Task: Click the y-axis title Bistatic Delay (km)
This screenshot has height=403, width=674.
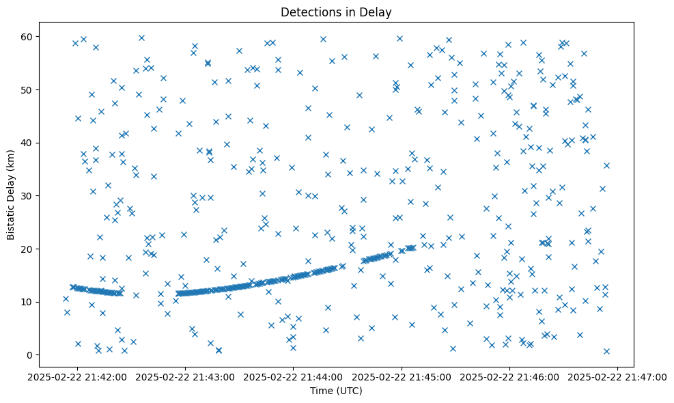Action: point(11,194)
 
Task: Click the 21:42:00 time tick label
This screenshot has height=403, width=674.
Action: point(77,376)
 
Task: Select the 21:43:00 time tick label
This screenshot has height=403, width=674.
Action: point(186,376)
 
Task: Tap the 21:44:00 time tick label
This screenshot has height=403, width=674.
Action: point(294,376)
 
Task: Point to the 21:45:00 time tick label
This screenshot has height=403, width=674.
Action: point(402,376)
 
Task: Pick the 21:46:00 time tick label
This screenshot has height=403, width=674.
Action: point(510,376)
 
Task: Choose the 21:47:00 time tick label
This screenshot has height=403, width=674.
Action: point(618,376)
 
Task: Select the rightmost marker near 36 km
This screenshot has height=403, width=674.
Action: point(606,165)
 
